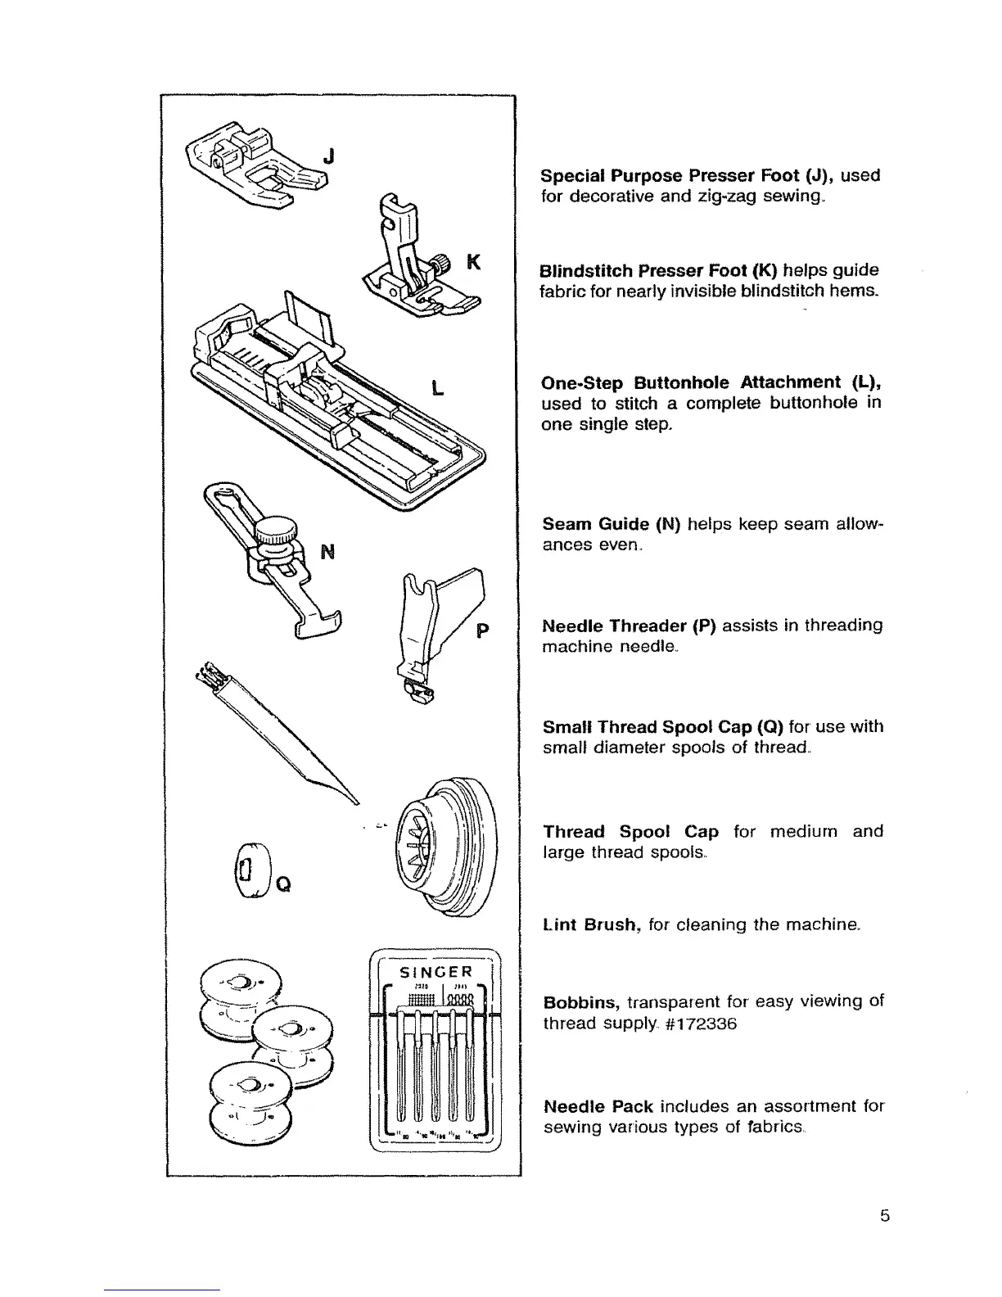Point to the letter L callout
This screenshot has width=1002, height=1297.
[438, 387]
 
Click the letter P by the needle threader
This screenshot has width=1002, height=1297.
[482, 631]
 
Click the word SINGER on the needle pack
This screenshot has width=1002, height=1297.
[433, 972]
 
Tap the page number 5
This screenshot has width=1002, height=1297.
[884, 1216]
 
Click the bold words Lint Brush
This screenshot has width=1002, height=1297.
[590, 924]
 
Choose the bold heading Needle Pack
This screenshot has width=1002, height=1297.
[598, 1107]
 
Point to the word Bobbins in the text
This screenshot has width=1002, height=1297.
[581, 1002]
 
